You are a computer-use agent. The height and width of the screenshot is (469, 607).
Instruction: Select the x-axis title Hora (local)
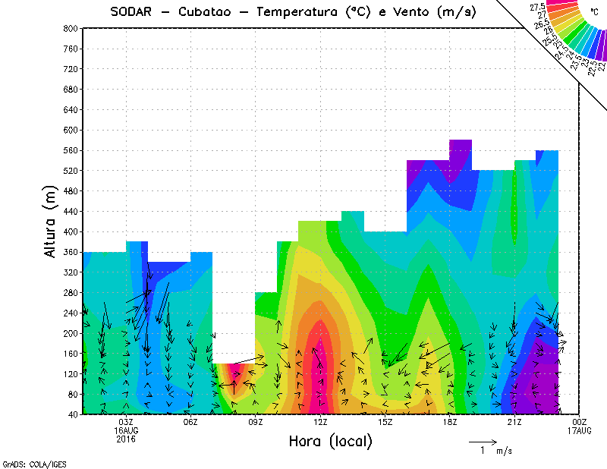pyautogui.click(x=329, y=441)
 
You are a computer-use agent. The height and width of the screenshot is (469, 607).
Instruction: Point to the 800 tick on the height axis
pyautogui.click(x=71, y=28)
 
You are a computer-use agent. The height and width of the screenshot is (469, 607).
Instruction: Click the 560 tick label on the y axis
pyautogui.click(x=71, y=150)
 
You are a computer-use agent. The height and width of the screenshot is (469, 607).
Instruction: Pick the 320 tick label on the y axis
pyautogui.click(x=71, y=272)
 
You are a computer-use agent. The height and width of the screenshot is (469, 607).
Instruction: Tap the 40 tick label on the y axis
pyautogui.click(x=74, y=415)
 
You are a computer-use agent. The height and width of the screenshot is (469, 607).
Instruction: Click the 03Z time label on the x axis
pyautogui.click(x=126, y=423)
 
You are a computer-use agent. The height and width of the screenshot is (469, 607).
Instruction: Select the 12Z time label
pyautogui.click(x=320, y=423)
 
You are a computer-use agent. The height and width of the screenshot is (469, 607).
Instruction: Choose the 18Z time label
pyautogui.click(x=450, y=423)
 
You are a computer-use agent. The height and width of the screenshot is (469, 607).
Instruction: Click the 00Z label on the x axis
pyautogui.click(x=580, y=423)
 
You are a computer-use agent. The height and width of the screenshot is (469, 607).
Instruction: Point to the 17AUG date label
pyautogui.click(x=580, y=430)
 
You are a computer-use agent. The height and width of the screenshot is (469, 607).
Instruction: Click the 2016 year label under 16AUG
pyautogui.click(x=126, y=438)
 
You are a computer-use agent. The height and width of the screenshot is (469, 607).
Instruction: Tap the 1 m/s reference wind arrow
pyautogui.click(x=483, y=441)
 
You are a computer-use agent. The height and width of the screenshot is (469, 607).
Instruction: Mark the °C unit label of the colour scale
pyautogui.click(x=595, y=11)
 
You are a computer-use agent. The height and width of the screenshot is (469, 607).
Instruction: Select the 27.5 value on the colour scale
pyautogui.click(x=538, y=8)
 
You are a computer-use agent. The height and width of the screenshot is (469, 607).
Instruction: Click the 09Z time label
pyautogui.click(x=256, y=423)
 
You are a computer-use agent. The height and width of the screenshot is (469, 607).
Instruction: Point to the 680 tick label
pyautogui.click(x=71, y=90)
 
